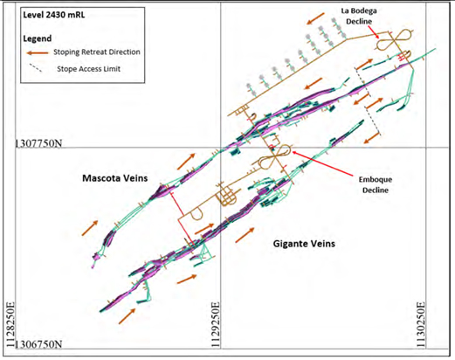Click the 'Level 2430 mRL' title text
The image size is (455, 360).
pyautogui.click(x=54, y=15)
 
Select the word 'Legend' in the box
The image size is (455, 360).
pyautogui.click(x=38, y=38)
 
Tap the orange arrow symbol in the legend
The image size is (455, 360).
pyautogui.click(x=38, y=52)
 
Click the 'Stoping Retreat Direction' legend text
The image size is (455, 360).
pyautogui.click(x=97, y=52)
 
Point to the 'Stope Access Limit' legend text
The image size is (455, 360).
pyautogui.click(x=88, y=69)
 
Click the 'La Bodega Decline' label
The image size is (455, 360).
pyautogui.click(x=359, y=16)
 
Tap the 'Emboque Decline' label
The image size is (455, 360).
pyautogui.click(x=376, y=184)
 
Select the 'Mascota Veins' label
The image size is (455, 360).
pyautogui.click(x=115, y=178)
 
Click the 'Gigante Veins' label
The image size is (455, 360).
pyautogui.click(x=304, y=244)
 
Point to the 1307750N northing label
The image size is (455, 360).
pyautogui.click(x=38, y=143)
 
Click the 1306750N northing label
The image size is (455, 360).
pyautogui.click(x=38, y=344)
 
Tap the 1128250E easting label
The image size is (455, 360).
pyautogui.click(x=10, y=325)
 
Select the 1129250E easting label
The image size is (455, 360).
pyautogui.click(x=215, y=325)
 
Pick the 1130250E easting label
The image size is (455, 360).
pyautogui.click(x=421, y=325)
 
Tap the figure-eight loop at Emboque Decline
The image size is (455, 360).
pyautogui.click(x=275, y=157)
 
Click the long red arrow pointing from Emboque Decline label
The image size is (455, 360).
pyautogui.click(x=323, y=163)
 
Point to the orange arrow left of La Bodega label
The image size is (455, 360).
pyautogui.click(x=315, y=18)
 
